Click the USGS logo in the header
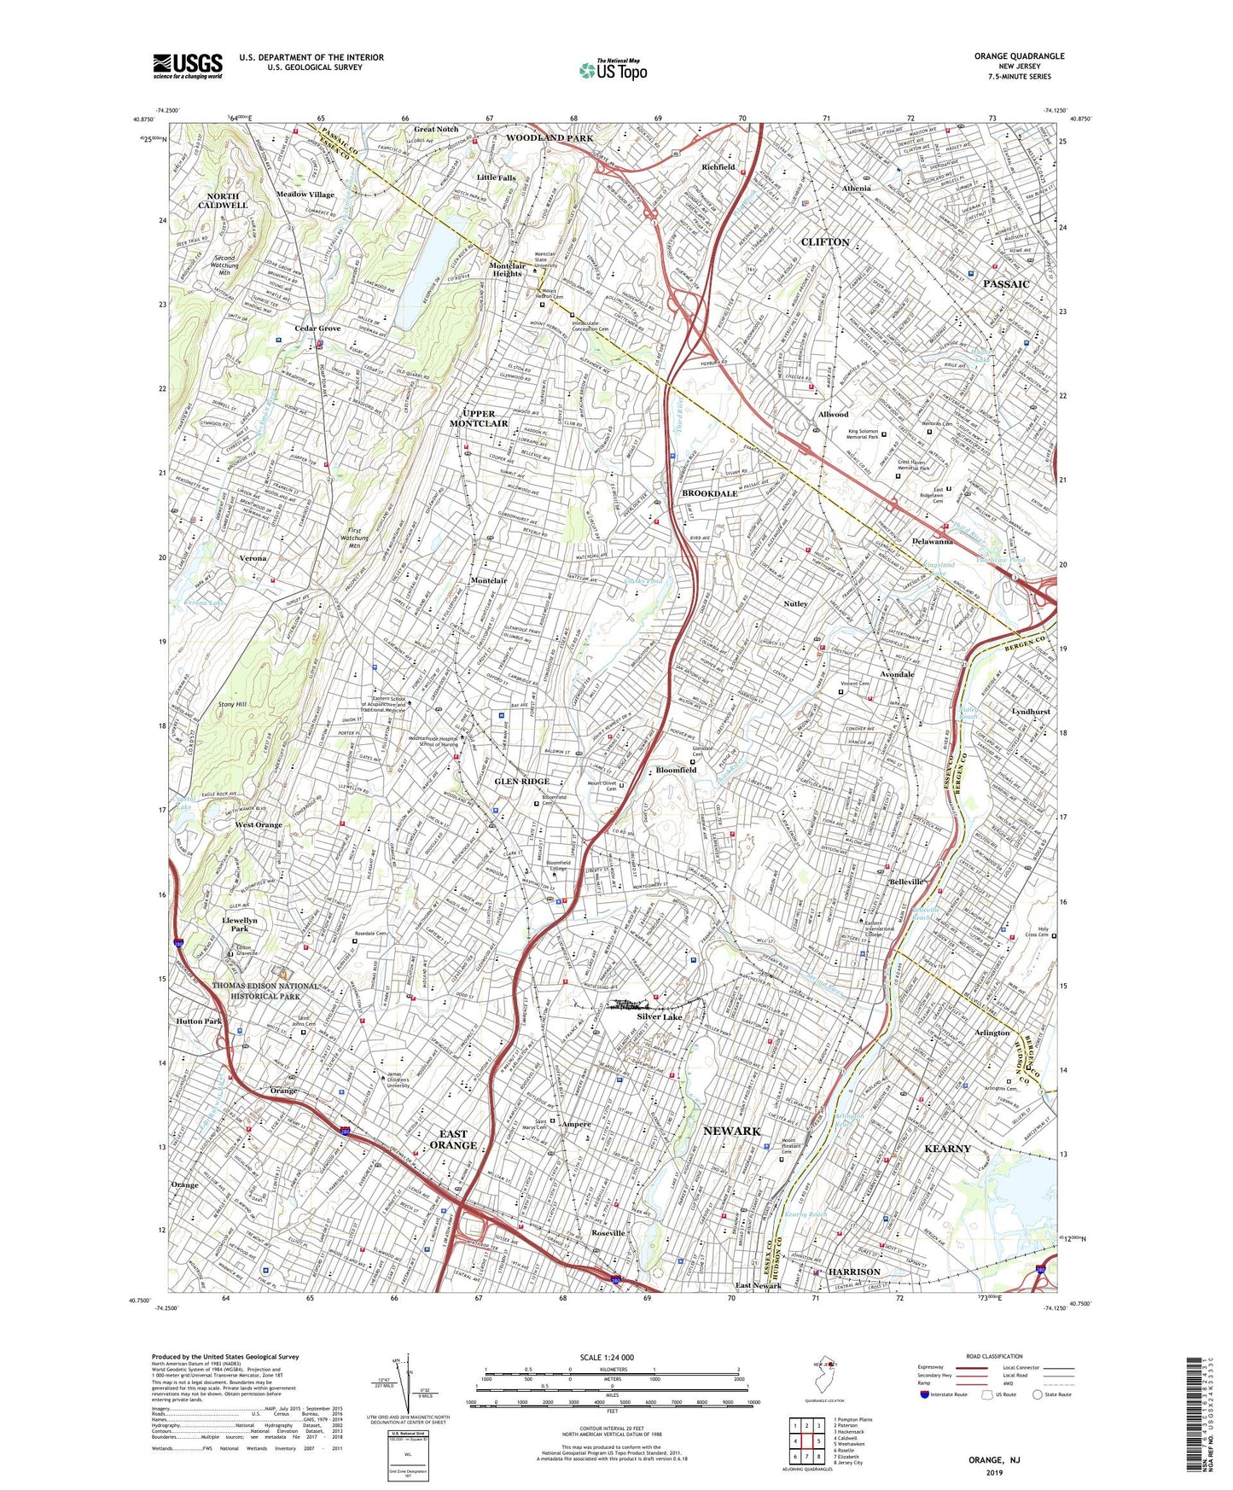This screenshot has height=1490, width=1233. pos(188,65)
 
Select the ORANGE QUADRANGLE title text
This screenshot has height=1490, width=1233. pos(1019,56)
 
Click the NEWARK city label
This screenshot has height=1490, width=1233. pos(731,1131)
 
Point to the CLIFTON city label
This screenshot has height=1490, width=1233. pos(825,242)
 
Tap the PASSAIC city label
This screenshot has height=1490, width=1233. pos(1006,283)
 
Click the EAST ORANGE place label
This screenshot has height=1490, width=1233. pos(453,1139)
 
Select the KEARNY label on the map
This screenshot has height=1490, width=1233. pos(947,1149)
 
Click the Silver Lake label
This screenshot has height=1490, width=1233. pos(660,1017)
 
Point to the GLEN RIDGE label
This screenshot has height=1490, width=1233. pos(522,782)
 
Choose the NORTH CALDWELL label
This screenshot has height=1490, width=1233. pos(223,201)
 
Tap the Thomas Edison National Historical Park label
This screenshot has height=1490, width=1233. pos(256,991)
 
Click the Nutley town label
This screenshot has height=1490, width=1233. pos(795,603)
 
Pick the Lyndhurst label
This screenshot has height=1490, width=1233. pos(1030,711)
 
